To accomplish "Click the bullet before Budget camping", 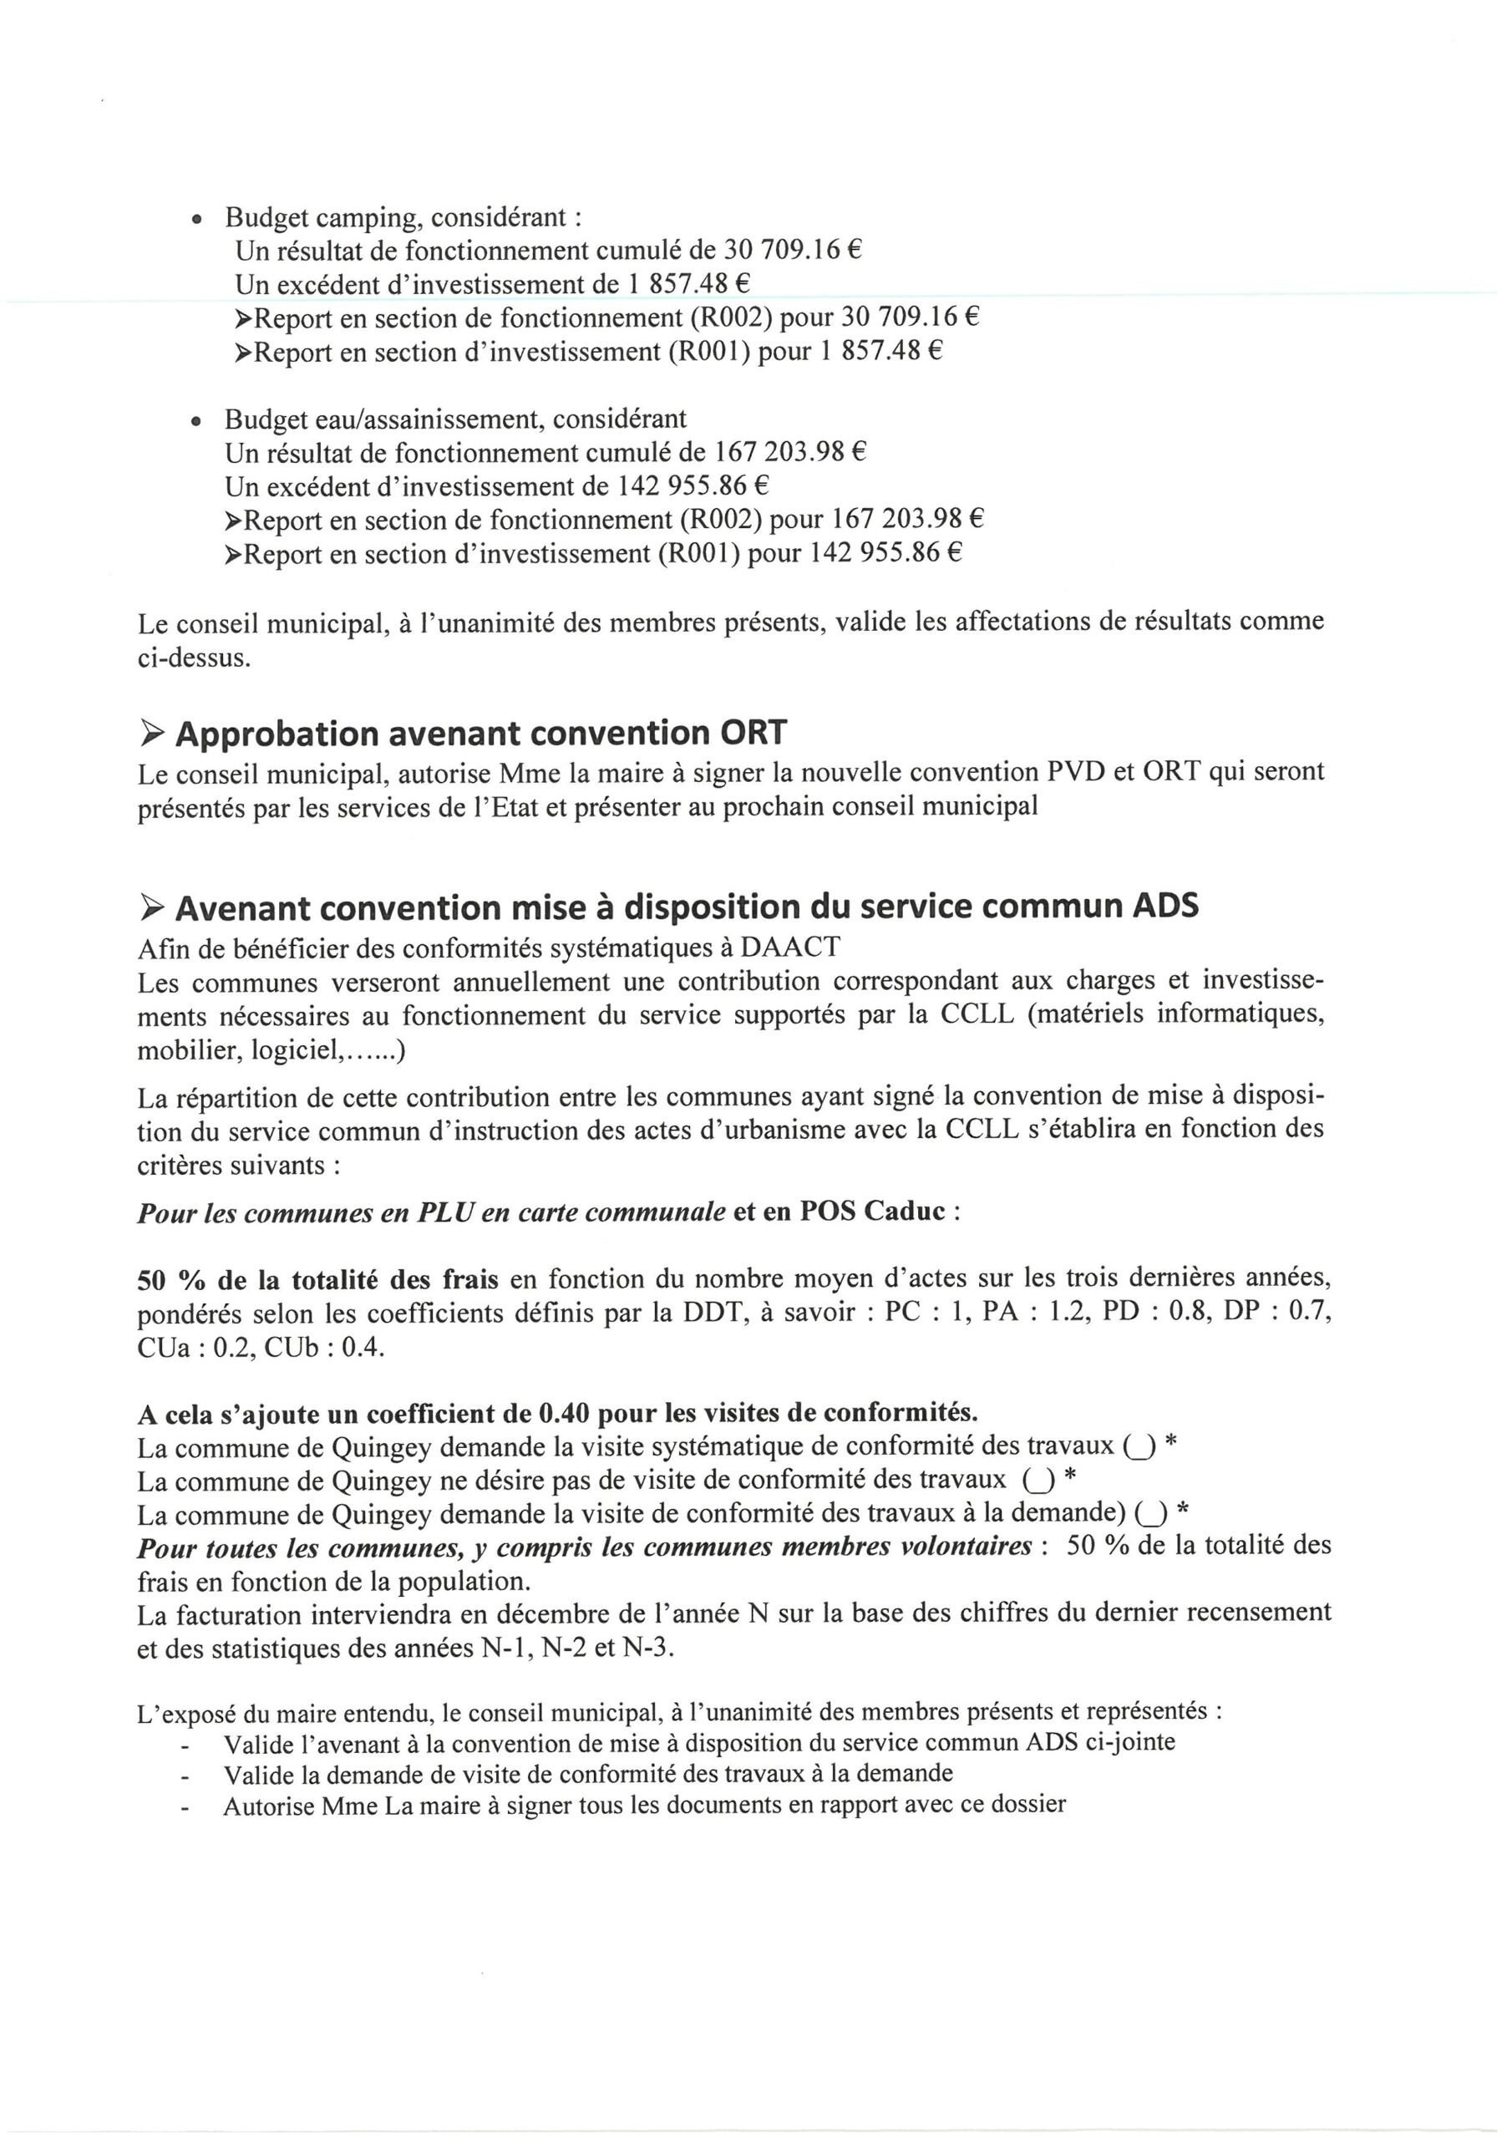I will [x=196, y=221].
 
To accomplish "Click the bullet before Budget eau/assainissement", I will [x=196, y=423].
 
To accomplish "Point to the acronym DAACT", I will [x=790, y=948].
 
